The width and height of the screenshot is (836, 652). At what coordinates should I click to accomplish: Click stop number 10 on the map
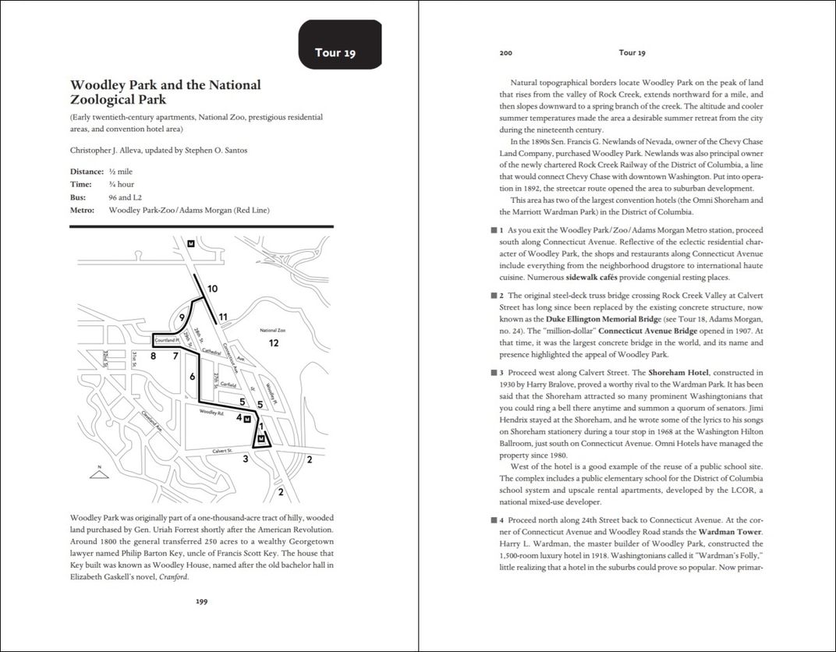pyautogui.click(x=213, y=289)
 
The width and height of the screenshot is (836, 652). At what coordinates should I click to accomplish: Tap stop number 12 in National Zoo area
pyautogui.click(x=274, y=343)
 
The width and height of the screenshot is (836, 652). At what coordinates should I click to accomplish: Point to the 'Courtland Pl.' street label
pyautogui.click(x=167, y=341)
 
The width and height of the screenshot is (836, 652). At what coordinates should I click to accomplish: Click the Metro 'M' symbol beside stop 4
pyautogui.click(x=247, y=419)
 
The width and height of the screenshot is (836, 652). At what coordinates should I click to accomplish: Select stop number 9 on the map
pyautogui.click(x=181, y=317)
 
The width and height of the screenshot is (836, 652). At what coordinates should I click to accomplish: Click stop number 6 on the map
pyautogui.click(x=192, y=377)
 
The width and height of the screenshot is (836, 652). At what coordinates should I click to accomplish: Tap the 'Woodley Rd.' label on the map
pyautogui.click(x=211, y=411)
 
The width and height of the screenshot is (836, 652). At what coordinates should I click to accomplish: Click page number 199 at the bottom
pyautogui.click(x=201, y=601)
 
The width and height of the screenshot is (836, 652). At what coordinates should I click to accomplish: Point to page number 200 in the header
pyautogui.click(x=505, y=53)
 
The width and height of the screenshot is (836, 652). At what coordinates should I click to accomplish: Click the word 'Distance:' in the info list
pyautogui.click(x=87, y=172)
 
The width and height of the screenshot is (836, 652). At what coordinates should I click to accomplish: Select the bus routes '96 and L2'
pyautogui.click(x=126, y=197)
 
